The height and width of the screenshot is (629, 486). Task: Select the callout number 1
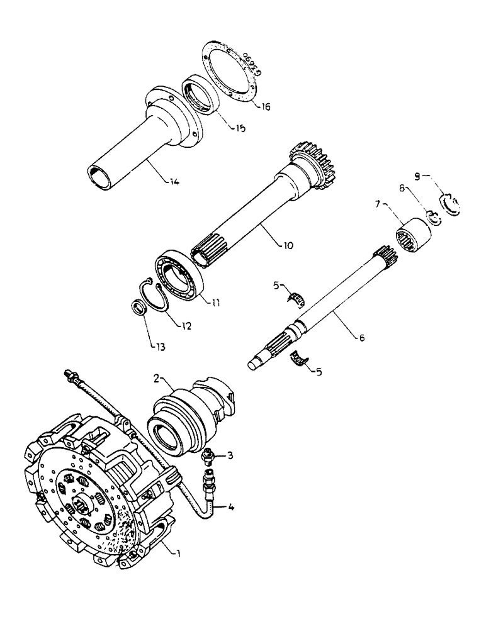180,553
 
